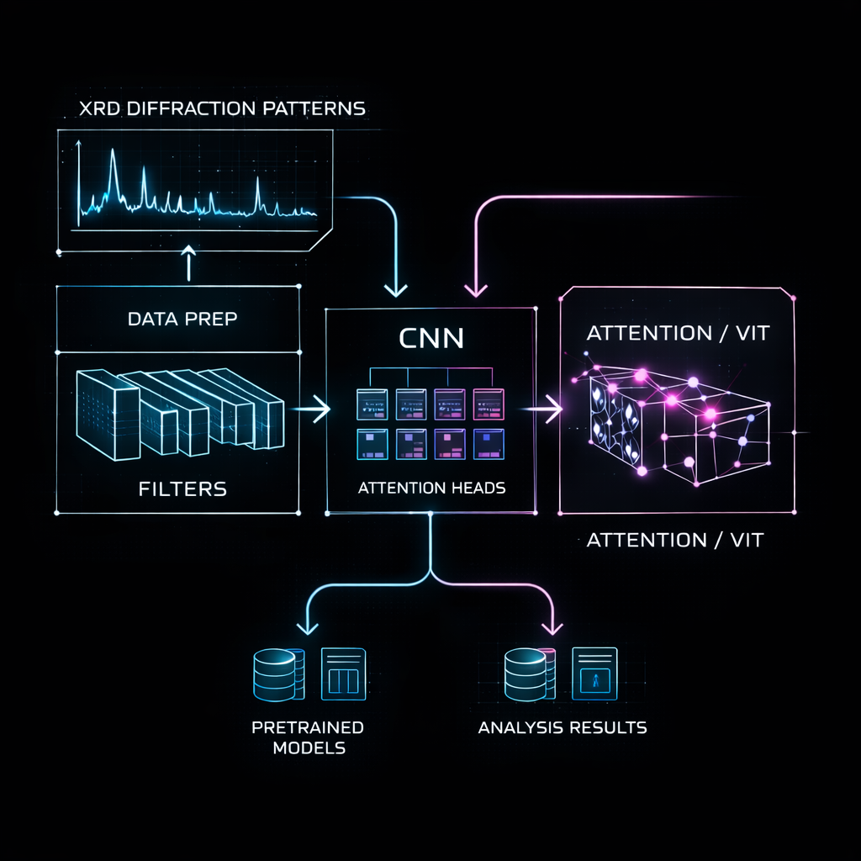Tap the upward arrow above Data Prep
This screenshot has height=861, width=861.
[x=188, y=261]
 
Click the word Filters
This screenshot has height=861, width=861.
[x=182, y=488]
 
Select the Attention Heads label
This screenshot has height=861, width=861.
[x=431, y=487]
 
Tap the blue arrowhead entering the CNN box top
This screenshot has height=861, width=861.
[x=395, y=290]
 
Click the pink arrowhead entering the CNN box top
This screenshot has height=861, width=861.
[x=476, y=290]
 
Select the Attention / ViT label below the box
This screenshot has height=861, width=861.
[x=674, y=540]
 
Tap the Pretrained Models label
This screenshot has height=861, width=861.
[x=308, y=737]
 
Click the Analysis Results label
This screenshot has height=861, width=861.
[x=563, y=727]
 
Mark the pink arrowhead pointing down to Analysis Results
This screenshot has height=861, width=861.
[x=552, y=626]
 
